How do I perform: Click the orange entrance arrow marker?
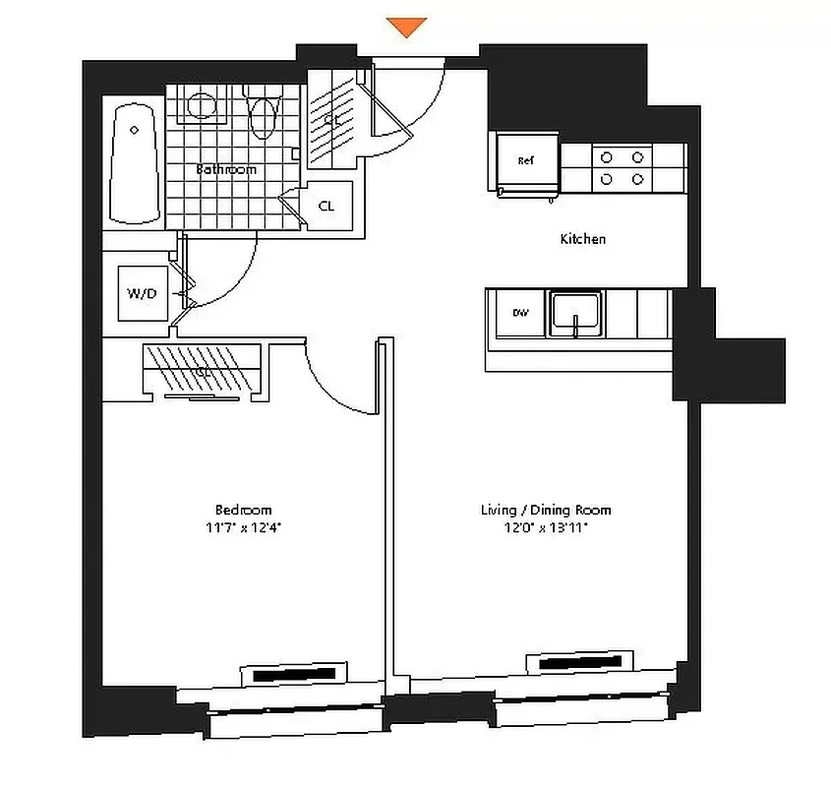[x=406, y=27]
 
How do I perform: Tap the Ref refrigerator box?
[x=526, y=161]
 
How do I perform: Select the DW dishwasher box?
[x=520, y=313]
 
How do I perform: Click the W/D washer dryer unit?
[x=142, y=293]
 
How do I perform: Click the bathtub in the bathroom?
[x=134, y=163]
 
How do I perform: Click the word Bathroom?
[x=226, y=169]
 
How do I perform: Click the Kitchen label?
[x=582, y=239]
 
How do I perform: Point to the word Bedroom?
[x=243, y=510]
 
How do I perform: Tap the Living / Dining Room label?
[x=546, y=510]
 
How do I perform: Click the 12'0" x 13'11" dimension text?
[x=546, y=527]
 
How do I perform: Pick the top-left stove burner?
[x=607, y=156]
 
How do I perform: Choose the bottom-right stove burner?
[x=638, y=178]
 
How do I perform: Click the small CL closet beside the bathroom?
[x=326, y=207]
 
